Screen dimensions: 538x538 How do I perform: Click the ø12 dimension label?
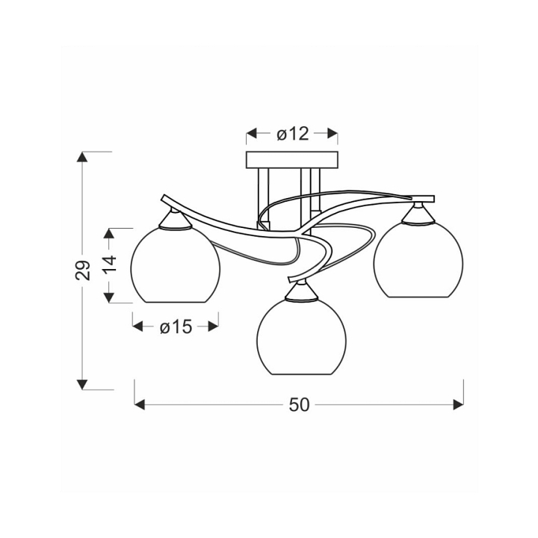(293, 134)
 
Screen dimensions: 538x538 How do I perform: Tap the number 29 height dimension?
(82, 270)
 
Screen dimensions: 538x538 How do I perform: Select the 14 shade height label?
(110, 264)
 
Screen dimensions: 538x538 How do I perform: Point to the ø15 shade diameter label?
(176, 327)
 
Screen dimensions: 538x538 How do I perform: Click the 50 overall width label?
(299, 405)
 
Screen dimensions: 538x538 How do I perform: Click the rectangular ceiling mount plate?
(292, 160)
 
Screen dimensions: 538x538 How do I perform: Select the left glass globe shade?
(175, 265)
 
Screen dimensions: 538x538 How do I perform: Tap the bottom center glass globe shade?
(301, 336)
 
